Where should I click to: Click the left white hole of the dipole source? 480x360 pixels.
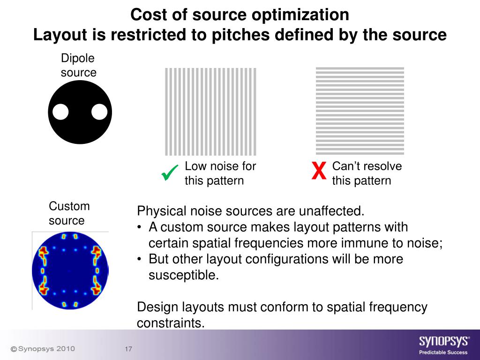coord(60,112)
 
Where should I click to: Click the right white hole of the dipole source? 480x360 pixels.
coord(99,112)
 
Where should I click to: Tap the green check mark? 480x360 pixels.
coord(169,173)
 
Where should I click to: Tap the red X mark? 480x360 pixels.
coord(319,172)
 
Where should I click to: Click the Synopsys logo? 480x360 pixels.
coord(443,341)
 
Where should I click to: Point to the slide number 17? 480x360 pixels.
coord(128,350)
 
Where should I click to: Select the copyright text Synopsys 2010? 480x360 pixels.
coord(43,349)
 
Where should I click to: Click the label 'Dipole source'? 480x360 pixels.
coord(78,66)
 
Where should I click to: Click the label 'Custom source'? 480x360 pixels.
coord(69,213)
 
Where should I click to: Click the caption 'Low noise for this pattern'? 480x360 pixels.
coord(220,173)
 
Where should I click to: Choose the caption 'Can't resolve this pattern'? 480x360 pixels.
coord(367,173)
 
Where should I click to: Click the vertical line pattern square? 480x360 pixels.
coord(210,111)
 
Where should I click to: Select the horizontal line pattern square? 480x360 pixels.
coord(360,111)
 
